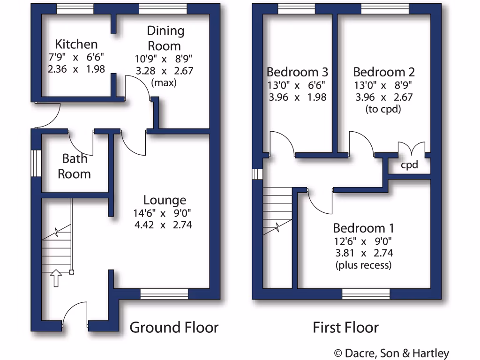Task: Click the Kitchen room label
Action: (x=76, y=45)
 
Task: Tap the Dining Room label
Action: (x=165, y=38)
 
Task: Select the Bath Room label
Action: (x=75, y=166)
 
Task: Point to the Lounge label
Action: (x=165, y=201)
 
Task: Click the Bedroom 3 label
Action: (x=297, y=72)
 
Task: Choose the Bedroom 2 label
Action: (x=384, y=72)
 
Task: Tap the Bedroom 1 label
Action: (x=363, y=228)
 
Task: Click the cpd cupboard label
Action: (x=409, y=165)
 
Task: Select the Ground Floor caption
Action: (x=174, y=327)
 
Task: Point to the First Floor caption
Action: (x=345, y=327)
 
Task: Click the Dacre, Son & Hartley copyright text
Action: (x=391, y=353)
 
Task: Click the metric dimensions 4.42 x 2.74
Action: (x=163, y=225)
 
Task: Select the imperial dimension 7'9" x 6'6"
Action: (x=76, y=57)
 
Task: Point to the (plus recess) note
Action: (x=363, y=265)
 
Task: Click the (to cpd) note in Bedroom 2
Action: (x=383, y=110)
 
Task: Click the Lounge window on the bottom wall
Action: (x=165, y=294)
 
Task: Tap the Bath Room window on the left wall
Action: (x=36, y=163)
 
